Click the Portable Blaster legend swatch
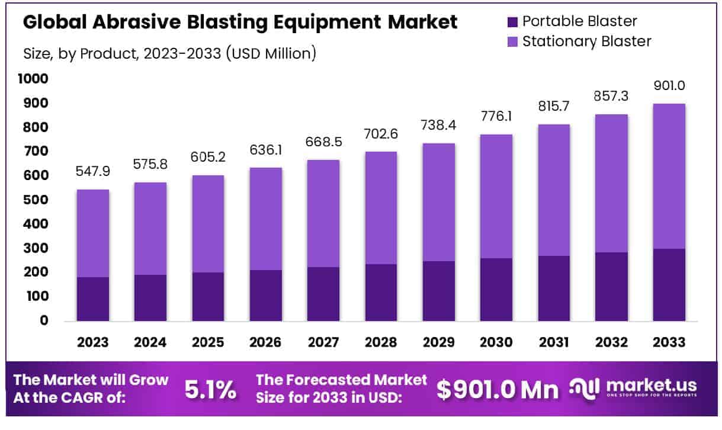coord(512,22)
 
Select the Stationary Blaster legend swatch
coord(512,41)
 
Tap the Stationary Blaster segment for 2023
coord(93,233)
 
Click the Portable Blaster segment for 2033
coord(669,285)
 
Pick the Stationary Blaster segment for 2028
coord(381,208)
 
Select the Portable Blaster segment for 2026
coord(265,296)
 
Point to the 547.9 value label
coord(93,172)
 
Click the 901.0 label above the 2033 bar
coord(669,86)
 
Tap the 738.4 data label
coord(438,126)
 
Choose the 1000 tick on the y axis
coord(36,79)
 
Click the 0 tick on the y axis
coord(44,321)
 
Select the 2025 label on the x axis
coord(208,342)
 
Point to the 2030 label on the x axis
coord(496,342)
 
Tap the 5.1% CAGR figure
coord(210,389)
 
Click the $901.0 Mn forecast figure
coord(498,389)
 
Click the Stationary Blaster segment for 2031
coord(553,190)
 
